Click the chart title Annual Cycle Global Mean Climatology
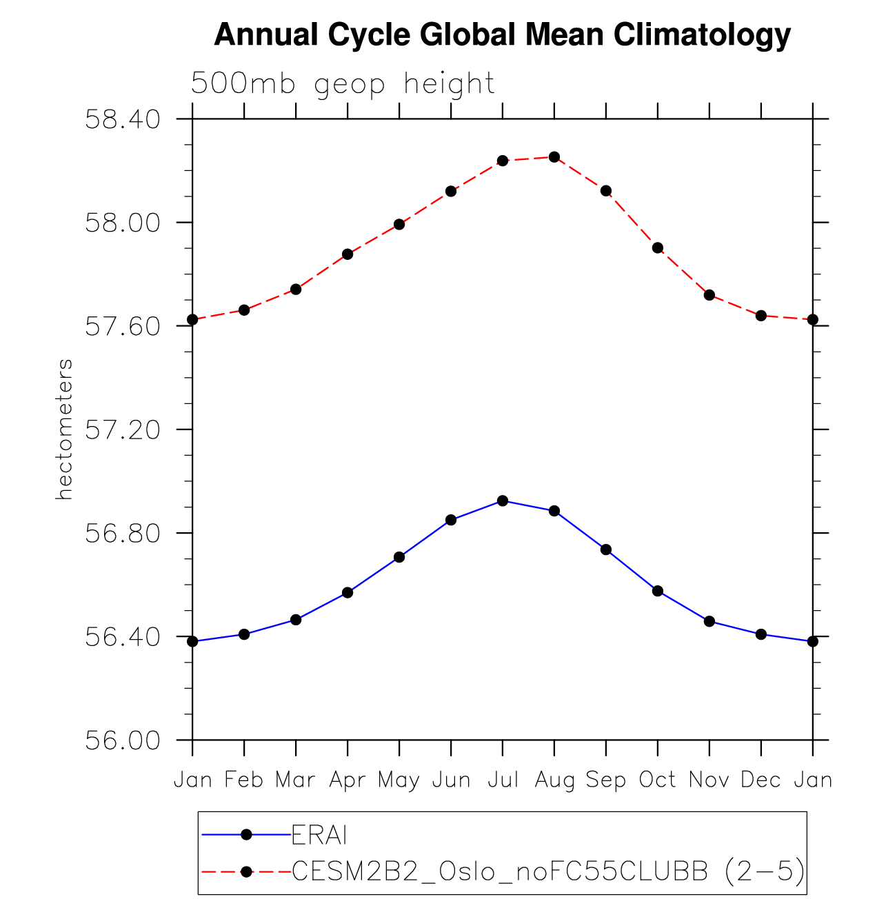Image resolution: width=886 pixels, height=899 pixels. (x=502, y=34)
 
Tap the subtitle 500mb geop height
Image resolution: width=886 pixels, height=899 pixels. (x=343, y=84)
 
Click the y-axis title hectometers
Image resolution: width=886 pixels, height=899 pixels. (x=64, y=429)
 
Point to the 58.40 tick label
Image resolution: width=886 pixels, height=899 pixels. (x=122, y=119)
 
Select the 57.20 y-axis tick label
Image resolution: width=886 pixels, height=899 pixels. (x=122, y=430)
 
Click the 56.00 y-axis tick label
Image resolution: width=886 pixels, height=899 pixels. (x=122, y=740)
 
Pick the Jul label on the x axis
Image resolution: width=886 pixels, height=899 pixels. (x=503, y=780)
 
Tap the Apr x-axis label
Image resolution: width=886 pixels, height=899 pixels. (x=348, y=780)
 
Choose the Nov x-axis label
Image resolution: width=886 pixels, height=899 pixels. (x=709, y=780)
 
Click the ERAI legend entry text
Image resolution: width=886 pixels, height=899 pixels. (x=319, y=835)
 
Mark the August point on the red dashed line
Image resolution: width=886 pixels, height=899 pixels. (x=554, y=157)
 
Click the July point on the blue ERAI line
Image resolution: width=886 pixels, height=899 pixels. (x=503, y=501)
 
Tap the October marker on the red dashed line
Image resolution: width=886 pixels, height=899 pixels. (x=658, y=248)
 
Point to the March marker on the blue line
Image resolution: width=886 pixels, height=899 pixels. (x=296, y=620)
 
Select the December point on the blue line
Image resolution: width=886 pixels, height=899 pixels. (x=761, y=634)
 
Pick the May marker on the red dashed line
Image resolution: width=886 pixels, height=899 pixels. (x=399, y=224)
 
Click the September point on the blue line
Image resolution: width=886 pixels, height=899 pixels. (x=606, y=549)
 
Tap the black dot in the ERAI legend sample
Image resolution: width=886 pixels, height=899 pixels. (x=246, y=835)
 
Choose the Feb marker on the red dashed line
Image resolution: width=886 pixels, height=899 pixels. (x=244, y=310)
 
